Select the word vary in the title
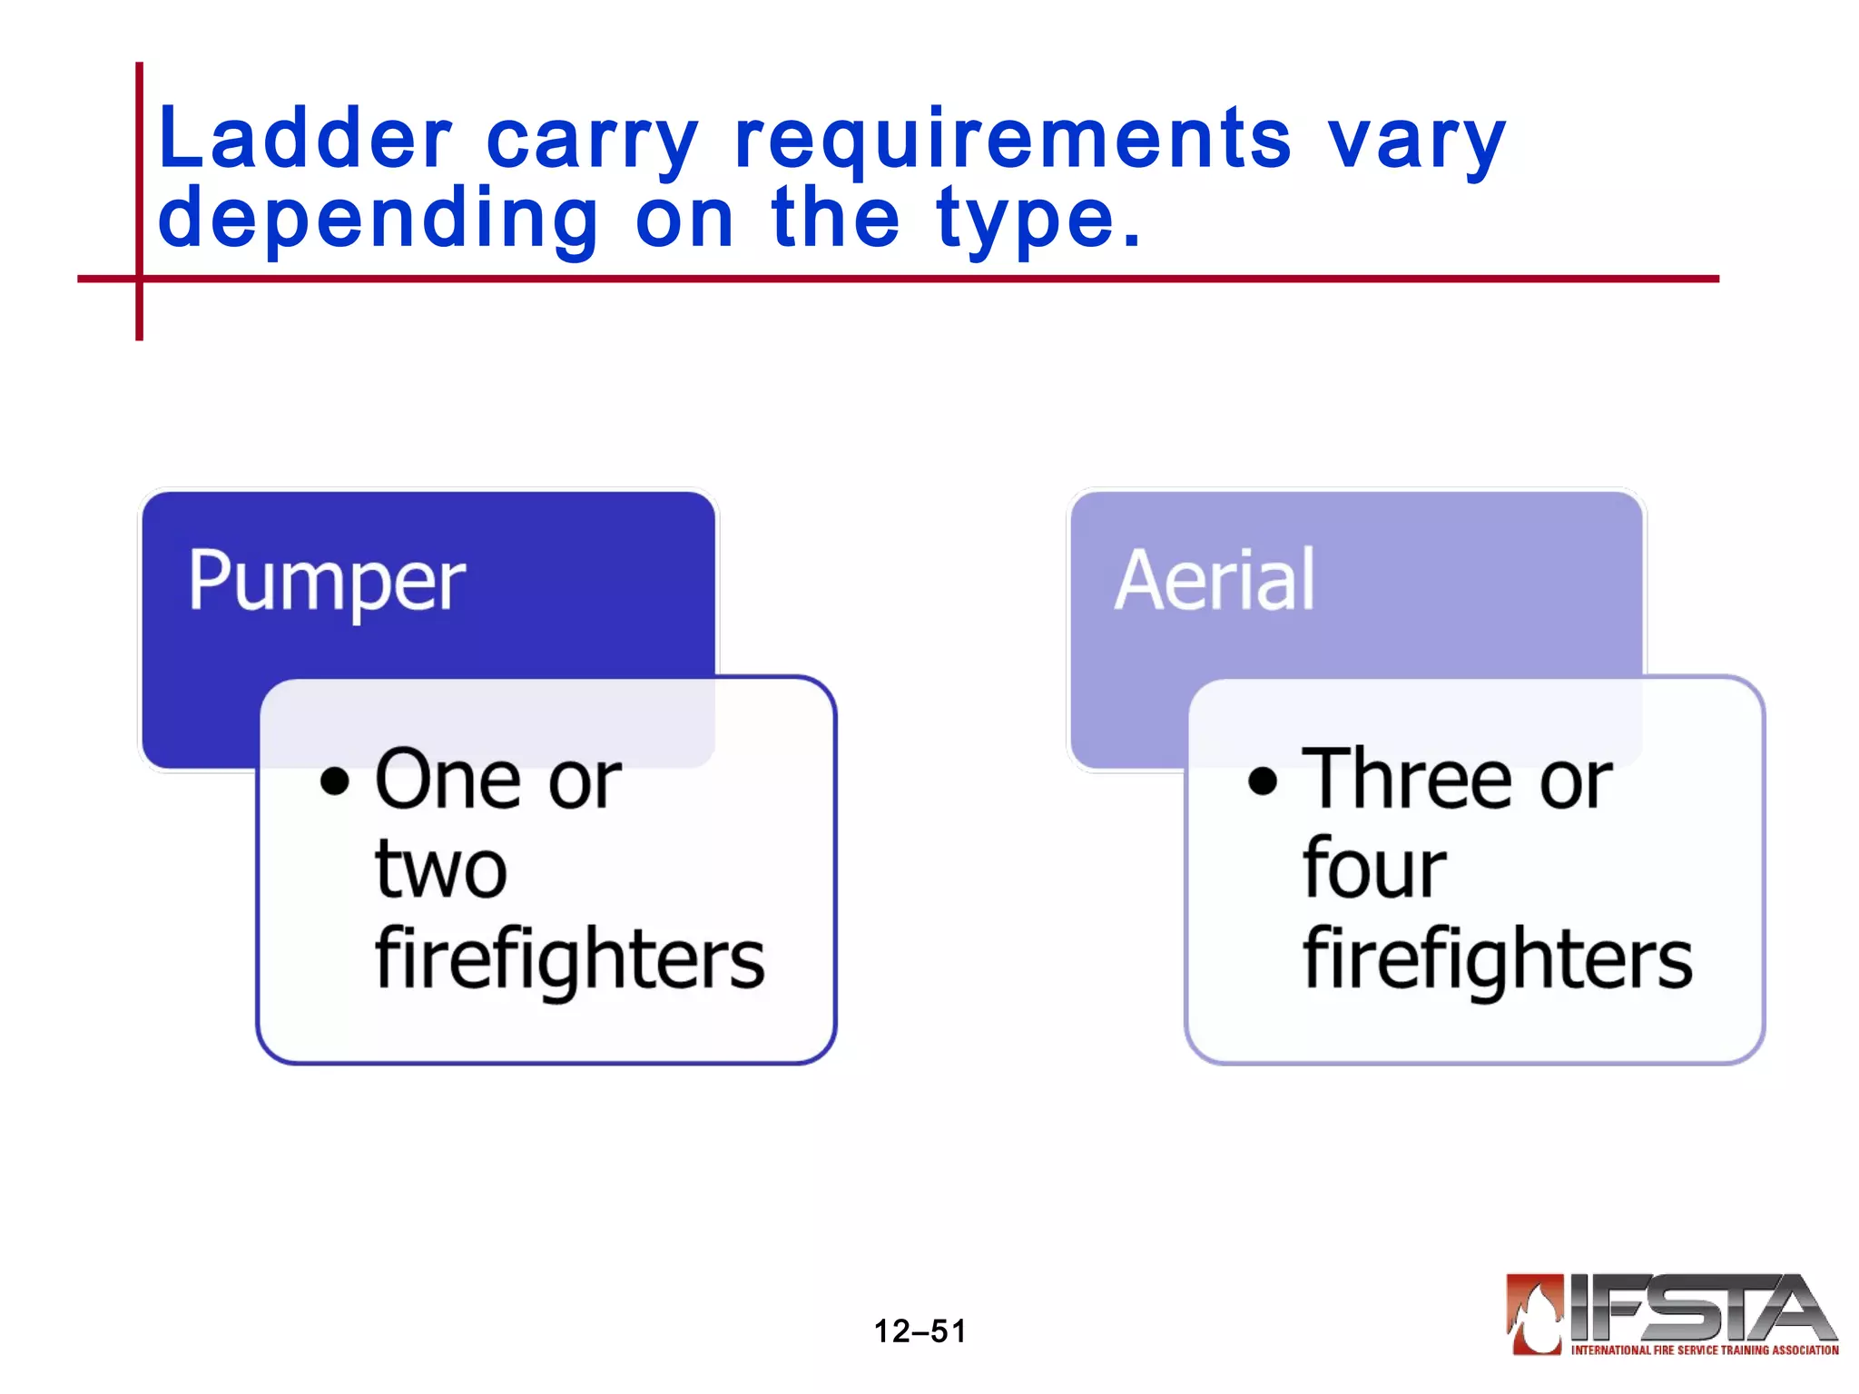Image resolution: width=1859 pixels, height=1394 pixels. click(x=1416, y=141)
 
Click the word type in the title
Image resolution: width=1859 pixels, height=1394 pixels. click(x=1026, y=220)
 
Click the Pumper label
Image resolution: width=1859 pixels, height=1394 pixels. click(x=327, y=581)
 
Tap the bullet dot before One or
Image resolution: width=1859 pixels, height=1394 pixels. click(x=335, y=780)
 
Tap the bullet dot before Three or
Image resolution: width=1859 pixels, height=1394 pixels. click(x=1263, y=780)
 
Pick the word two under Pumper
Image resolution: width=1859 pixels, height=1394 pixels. click(x=441, y=869)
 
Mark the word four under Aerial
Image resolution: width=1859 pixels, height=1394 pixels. click(x=1373, y=868)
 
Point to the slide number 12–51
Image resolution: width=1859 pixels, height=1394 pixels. click(x=920, y=1331)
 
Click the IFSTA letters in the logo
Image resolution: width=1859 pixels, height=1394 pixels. click(x=1697, y=1308)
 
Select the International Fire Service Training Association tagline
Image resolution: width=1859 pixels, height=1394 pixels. click(x=1704, y=1350)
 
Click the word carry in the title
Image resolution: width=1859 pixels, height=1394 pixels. click(x=592, y=141)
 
